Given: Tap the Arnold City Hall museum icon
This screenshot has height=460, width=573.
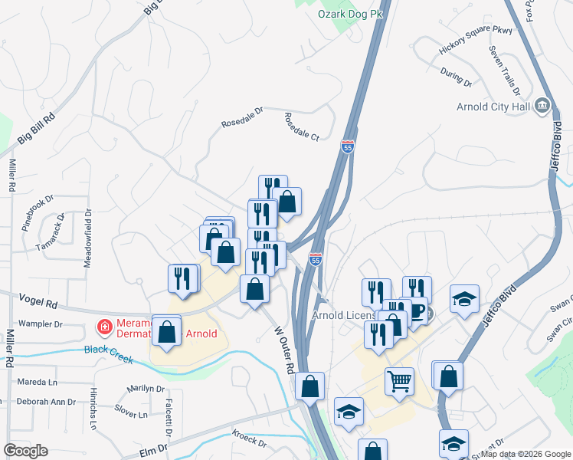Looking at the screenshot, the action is pyautogui.click(x=543, y=105).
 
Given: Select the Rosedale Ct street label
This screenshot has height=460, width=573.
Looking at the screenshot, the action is pyautogui.click(x=301, y=127).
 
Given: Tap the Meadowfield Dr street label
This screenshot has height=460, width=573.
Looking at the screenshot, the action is pyautogui.click(x=88, y=238).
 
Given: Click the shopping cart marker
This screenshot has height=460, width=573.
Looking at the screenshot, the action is pyautogui.click(x=399, y=380).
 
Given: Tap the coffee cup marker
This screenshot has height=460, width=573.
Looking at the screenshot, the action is pyautogui.click(x=417, y=310).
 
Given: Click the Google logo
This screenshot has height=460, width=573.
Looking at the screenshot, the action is pyautogui.click(x=25, y=451).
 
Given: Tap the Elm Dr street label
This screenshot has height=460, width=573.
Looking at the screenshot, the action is pyautogui.click(x=152, y=448).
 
